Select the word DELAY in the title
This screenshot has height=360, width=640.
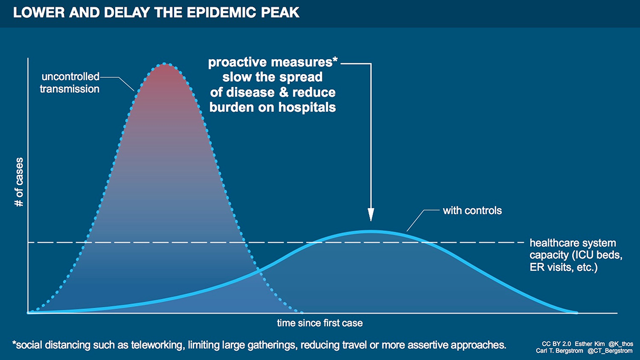(x=127, y=13)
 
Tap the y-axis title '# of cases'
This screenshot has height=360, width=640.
(x=19, y=182)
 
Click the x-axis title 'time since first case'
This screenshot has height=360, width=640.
(x=319, y=323)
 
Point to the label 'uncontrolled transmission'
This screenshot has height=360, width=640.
(x=70, y=83)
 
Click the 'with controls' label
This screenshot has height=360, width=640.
(x=473, y=211)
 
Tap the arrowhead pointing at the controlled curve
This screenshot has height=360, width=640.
(x=371, y=214)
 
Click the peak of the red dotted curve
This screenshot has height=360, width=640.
(x=165, y=63)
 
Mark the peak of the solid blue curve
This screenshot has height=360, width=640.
(x=371, y=231)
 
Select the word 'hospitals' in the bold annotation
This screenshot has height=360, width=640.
(x=307, y=107)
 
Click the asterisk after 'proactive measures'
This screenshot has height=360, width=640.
(x=335, y=59)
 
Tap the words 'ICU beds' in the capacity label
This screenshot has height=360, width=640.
(x=598, y=255)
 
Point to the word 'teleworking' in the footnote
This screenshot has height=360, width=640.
(x=156, y=345)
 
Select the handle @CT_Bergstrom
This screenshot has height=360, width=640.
(x=610, y=350)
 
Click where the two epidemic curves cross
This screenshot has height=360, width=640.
(x=259, y=271)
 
